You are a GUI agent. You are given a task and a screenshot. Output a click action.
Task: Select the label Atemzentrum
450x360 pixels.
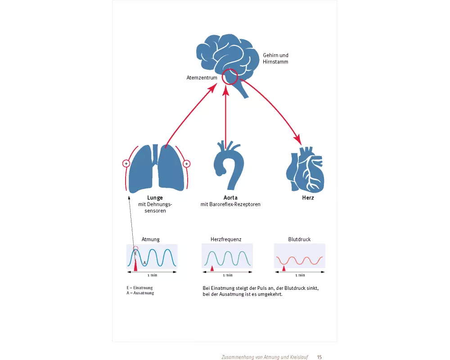pos(202,78)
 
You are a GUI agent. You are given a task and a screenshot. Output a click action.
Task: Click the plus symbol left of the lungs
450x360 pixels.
pos(126,163)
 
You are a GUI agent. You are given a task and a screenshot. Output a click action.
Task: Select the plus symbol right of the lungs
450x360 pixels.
pos(187,163)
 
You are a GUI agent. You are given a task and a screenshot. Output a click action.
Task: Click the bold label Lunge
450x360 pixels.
pos(155,198)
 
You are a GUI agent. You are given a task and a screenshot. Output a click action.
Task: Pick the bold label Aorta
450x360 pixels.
pos(230,198)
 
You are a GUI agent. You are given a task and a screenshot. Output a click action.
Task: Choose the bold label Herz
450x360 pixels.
pos(308,198)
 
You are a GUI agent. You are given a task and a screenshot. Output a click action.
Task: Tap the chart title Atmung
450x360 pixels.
pos(150,239)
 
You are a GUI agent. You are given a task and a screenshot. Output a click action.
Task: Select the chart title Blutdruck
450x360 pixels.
pos(299,239)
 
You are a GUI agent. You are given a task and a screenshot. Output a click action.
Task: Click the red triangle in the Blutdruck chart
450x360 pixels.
pos(283,269)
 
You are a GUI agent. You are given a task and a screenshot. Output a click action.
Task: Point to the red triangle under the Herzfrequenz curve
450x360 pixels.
pos(212,269)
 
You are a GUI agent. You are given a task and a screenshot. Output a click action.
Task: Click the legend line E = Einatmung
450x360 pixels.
pos(139,288)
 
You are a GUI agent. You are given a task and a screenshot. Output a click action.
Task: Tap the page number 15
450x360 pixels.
pos(319,357)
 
